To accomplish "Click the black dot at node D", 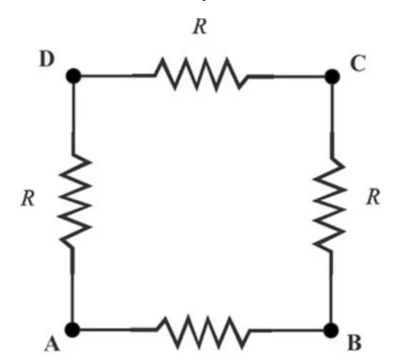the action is click(73, 76).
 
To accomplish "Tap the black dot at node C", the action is click(332, 76).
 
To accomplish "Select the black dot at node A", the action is click(73, 329).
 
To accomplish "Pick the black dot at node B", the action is click(331, 330).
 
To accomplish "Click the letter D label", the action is click(47, 59).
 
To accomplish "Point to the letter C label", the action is click(358, 63).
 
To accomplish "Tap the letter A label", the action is click(52, 344).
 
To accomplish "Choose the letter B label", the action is click(355, 343).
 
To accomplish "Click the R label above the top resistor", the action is click(200, 26).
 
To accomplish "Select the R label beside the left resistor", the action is click(28, 199).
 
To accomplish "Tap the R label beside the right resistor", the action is click(373, 197).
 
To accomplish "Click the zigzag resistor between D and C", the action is click(201, 74).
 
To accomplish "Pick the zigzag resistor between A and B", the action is click(203, 331).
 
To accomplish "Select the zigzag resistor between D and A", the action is click(75, 202).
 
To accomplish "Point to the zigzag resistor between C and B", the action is click(329, 205).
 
